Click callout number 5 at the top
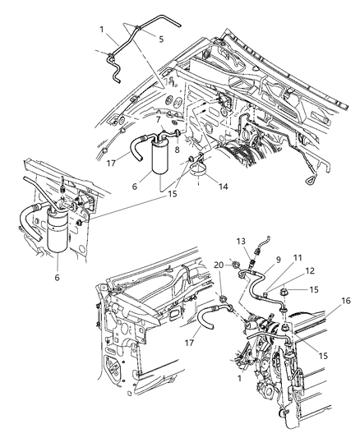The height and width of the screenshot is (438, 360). click(x=161, y=39)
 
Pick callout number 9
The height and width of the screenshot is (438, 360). click(x=278, y=260)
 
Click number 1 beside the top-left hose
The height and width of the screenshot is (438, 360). click(x=103, y=30)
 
